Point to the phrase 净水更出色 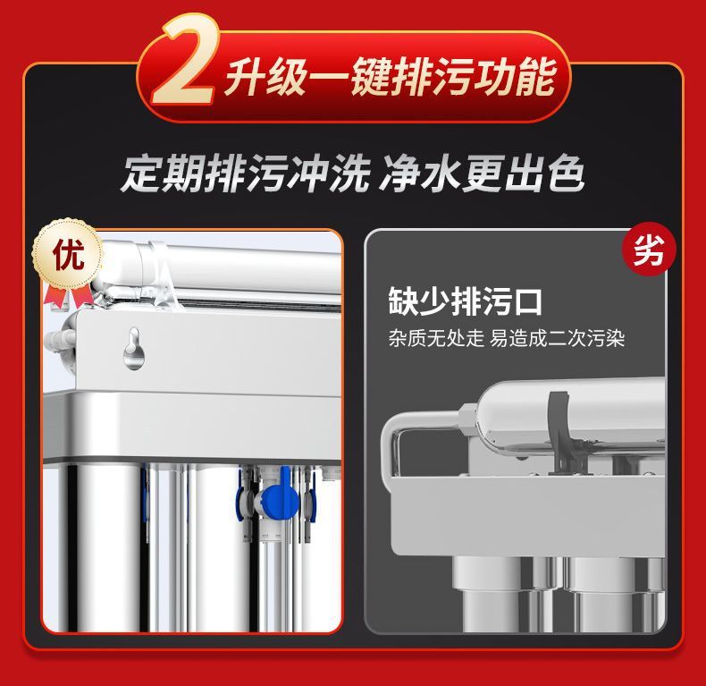point(482,174)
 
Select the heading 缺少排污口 point(465,301)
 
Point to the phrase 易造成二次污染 point(557,339)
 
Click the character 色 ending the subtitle point(565,174)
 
